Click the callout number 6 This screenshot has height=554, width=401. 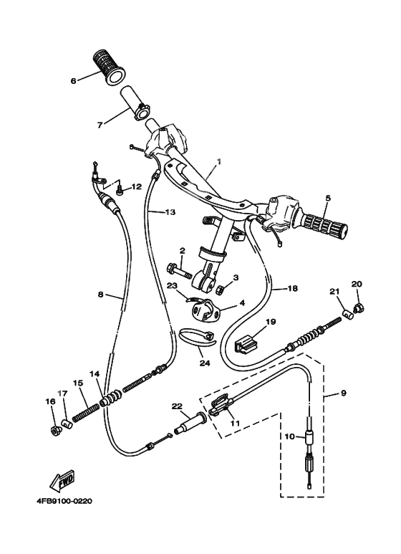point(73,80)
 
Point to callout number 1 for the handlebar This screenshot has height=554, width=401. point(219,163)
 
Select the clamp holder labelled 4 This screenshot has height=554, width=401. point(203,310)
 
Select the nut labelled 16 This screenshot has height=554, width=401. point(54,430)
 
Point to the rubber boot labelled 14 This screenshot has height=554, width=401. point(110,398)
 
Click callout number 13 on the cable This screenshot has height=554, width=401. point(170,212)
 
